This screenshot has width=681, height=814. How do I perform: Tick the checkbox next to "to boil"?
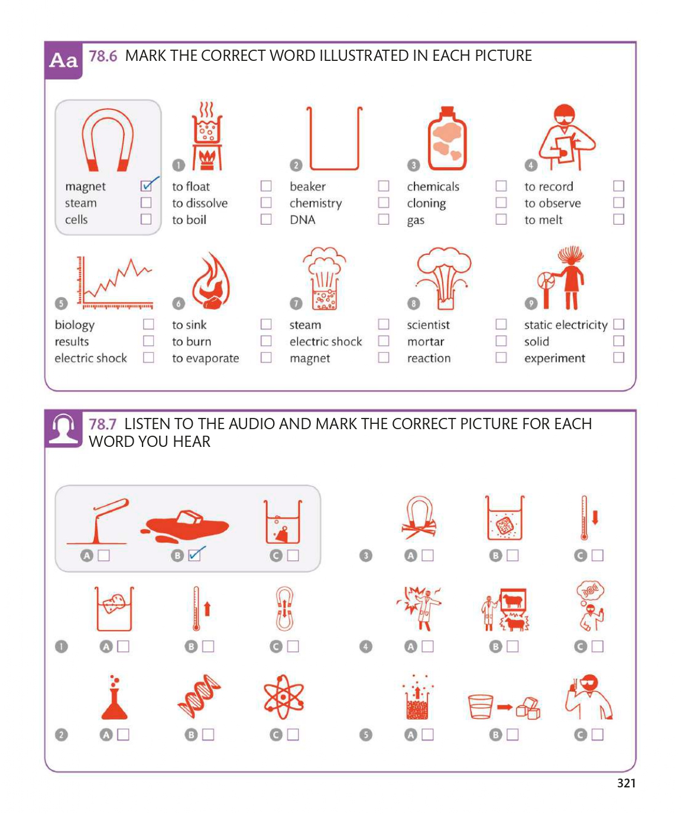266,219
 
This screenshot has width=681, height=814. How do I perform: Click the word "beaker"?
307,186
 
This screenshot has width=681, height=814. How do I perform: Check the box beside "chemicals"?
501,186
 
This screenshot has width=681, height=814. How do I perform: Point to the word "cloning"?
426,203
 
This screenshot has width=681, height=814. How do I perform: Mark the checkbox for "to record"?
618,186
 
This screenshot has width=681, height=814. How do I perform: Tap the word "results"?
72,342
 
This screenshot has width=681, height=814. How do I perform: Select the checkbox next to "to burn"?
266,340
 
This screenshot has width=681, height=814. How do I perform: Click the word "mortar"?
426,342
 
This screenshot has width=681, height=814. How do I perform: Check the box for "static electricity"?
618,324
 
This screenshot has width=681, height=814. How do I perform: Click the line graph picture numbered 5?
115,282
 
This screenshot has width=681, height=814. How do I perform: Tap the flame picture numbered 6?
211,281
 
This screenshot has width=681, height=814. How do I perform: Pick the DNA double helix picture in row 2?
199,696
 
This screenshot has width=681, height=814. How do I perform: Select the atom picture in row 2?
283,696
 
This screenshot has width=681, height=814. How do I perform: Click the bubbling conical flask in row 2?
114,697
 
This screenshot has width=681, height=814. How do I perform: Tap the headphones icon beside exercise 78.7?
63,429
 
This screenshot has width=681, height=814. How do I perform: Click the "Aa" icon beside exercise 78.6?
63,60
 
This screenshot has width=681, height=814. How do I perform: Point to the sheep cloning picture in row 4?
505,609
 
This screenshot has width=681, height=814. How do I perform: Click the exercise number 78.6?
103,56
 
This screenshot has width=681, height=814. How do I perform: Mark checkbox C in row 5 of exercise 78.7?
597,734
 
